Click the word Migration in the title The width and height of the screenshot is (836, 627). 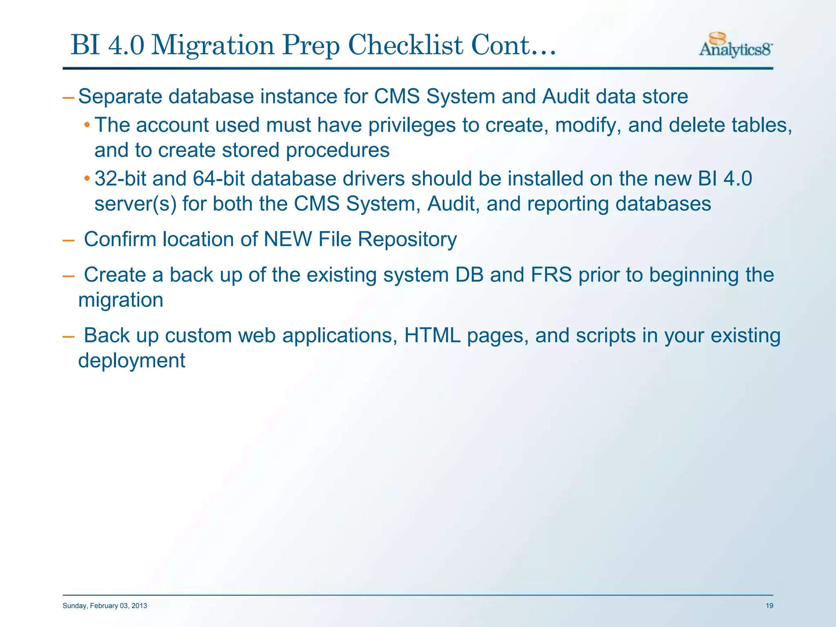pos(212,45)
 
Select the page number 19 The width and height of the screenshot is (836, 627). pos(769,606)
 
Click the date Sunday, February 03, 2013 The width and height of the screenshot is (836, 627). pos(105,606)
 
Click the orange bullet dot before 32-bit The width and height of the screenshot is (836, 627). pos(87,178)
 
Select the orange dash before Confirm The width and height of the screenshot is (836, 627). pos(68,240)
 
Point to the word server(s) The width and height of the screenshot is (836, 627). pos(136,204)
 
